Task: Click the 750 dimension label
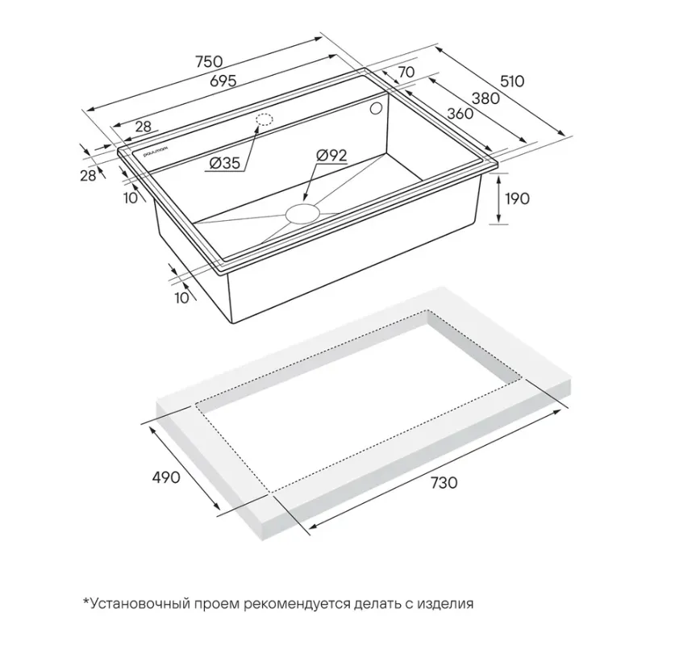coord(209,61)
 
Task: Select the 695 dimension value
coord(223,81)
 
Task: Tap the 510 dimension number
coord(512,81)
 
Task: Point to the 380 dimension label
coord(485,98)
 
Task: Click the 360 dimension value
coord(460,114)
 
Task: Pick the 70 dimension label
coord(406,72)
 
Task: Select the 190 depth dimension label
coord(517,198)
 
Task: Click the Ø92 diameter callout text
coord(331,155)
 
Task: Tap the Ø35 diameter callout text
coord(224,163)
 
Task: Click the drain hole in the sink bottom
coord(302,214)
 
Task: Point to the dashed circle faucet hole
coord(265,119)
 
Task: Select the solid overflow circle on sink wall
coord(376,109)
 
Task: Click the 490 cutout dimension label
coord(166,476)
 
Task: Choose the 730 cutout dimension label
coord(444,482)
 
